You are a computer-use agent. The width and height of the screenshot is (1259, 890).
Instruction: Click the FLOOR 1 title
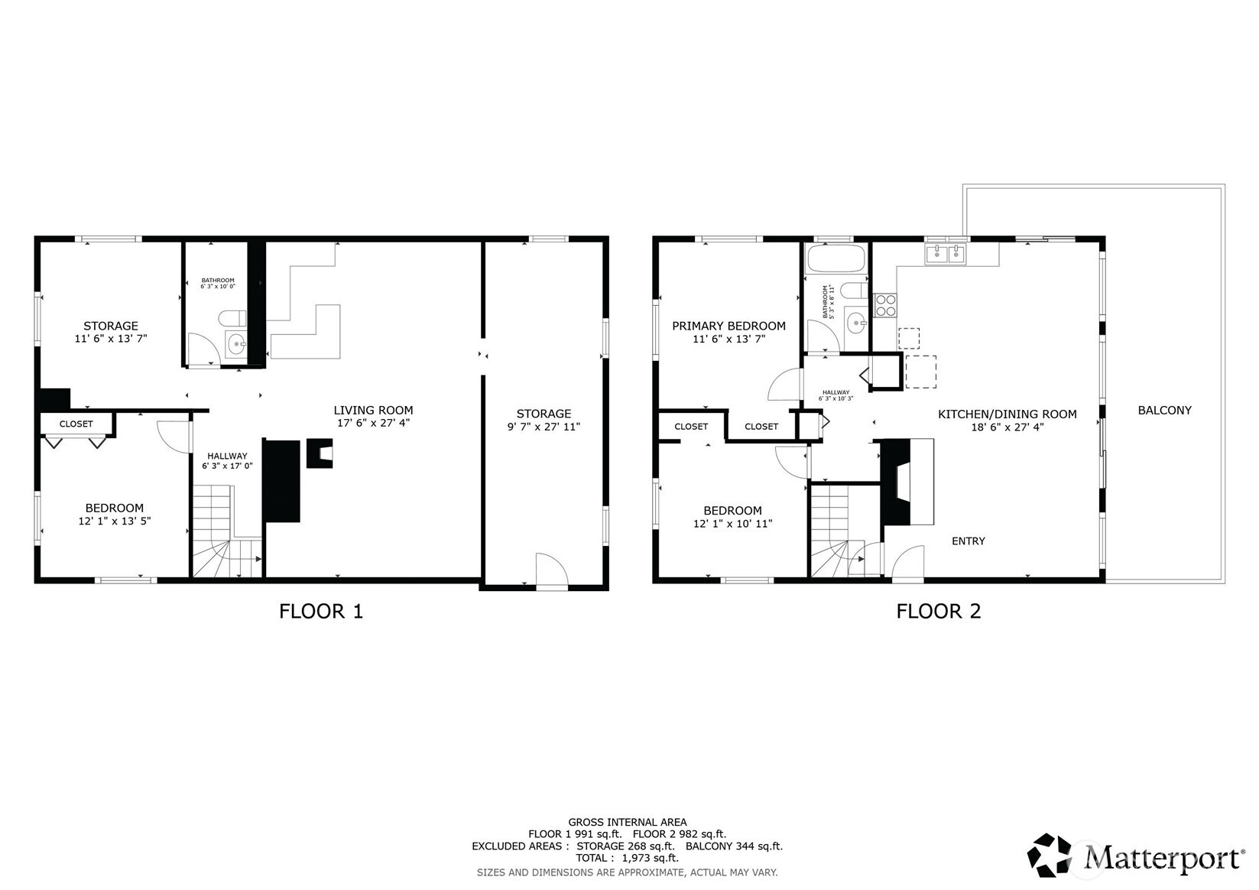pyautogui.click(x=320, y=612)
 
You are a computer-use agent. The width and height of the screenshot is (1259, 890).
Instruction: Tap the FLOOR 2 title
pyautogui.click(x=938, y=612)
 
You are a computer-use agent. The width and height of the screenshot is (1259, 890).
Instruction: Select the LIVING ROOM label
pyautogui.click(x=373, y=411)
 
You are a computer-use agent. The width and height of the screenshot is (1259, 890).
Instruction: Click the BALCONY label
pyautogui.click(x=1164, y=411)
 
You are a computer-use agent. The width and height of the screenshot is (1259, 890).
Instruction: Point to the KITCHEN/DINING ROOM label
pyautogui.click(x=1007, y=414)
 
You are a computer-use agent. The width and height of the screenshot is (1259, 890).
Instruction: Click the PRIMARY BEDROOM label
pyautogui.click(x=728, y=326)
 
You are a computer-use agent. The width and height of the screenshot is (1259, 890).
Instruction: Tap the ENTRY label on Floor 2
pyautogui.click(x=968, y=541)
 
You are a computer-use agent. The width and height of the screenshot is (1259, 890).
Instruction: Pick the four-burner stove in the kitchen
pyautogui.click(x=885, y=305)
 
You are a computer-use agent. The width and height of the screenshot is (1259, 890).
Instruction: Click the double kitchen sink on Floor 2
pyautogui.click(x=946, y=254)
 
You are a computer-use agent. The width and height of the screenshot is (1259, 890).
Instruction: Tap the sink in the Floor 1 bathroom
pyautogui.click(x=236, y=344)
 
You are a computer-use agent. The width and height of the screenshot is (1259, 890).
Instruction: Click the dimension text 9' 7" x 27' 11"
pyautogui.click(x=544, y=427)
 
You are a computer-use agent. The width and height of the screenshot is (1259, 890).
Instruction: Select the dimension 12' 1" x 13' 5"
pyautogui.click(x=114, y=521)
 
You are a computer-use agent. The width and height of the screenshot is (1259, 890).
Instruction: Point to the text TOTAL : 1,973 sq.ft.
pyautogui.click(x=627, y=858)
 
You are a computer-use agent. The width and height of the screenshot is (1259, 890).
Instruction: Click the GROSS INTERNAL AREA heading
pyautogui.click(x=627, y=823)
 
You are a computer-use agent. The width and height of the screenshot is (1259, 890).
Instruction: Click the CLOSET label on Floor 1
pyautogui.click(x=76, y=424)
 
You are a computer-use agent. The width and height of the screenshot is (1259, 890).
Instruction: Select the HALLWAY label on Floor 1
pyautogui.click(x=227, y=456)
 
